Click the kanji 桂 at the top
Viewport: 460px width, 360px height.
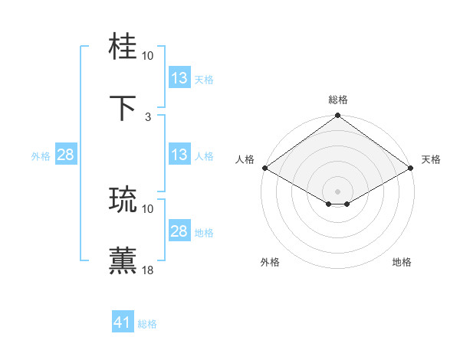click(123, 47)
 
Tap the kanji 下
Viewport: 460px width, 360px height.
click(123, 108)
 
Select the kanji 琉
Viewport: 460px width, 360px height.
click(123, 200)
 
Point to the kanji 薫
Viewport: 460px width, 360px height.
click(123, 261)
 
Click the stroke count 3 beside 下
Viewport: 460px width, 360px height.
click(148, 116)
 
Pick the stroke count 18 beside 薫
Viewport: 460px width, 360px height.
click(148, 270)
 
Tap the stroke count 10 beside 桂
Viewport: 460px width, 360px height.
click(148, 56)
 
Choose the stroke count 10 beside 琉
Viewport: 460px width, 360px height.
click(148, 208)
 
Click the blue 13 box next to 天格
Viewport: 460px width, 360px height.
click(179, 78)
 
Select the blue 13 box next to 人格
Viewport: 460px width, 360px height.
click(179, 155)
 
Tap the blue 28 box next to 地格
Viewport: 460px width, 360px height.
click(179, 231)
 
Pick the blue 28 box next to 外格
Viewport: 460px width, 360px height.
click(65, 155)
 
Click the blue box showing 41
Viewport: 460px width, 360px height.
click(123, 322)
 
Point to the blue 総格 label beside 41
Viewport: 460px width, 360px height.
click(147, 324)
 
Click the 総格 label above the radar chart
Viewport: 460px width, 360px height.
click(338, 100)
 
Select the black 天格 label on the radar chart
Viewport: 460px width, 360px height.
click(431, 159)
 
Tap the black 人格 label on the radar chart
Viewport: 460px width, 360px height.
click(245, 159)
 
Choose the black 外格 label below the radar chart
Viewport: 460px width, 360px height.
click(270, 262)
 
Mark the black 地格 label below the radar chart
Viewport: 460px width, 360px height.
click(402, 262)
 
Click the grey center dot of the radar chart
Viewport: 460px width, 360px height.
click(338, 191)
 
